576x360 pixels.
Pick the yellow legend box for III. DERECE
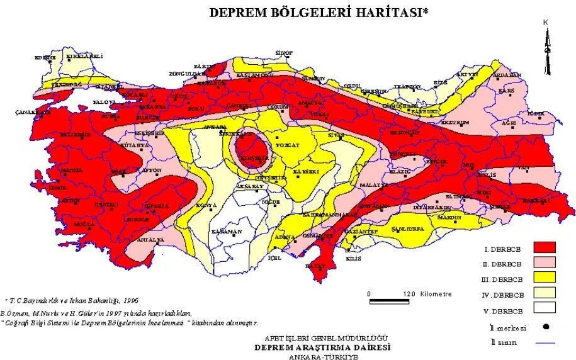pos(546,278)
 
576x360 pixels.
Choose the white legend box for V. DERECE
pos(546,308)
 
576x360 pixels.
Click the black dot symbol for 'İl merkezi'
pos(546,327)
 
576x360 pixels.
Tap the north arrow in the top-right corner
pos(548,50)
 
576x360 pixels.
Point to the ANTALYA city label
pos(152,240)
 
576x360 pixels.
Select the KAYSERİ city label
pos(307,171)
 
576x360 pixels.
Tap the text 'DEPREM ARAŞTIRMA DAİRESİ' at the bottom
pos(322,347)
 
